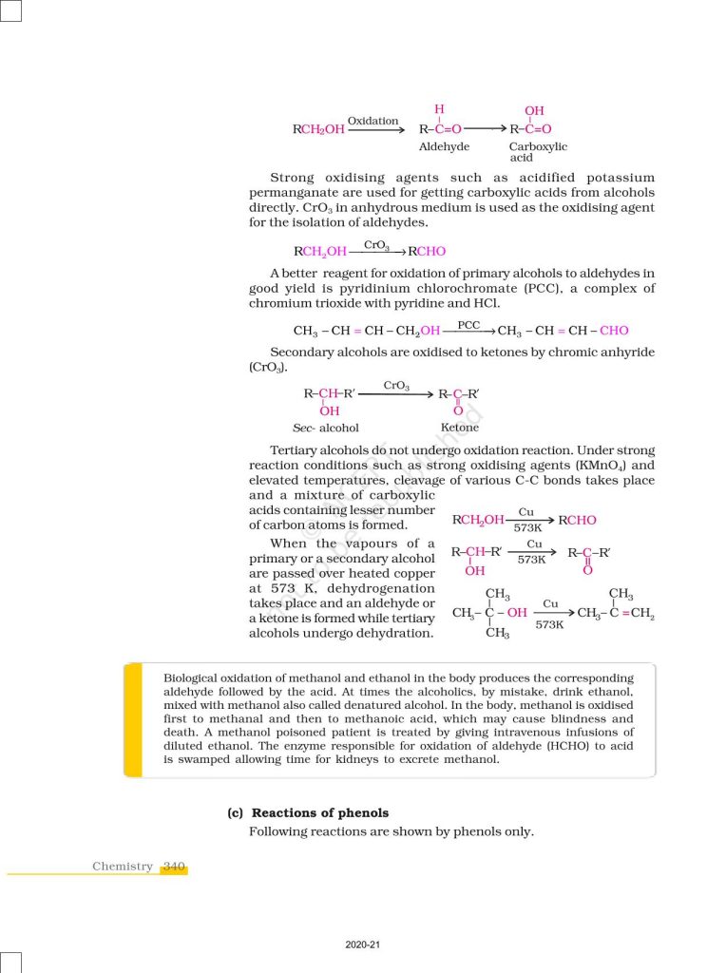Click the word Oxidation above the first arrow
(x=373, y=121)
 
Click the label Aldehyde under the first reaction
(x=444, y=147)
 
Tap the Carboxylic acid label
(x=537, y=152)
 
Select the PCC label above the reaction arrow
(x=468, y=325)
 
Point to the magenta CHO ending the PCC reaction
(x=614, y=331)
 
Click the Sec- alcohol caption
(x=326, y=428)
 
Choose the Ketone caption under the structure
(x=460, y=428)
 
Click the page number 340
(x=174, y=866)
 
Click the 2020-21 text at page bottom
(x=363, y=945)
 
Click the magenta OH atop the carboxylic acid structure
(x=534, y=111)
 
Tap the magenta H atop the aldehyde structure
(x=439, y=109)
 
